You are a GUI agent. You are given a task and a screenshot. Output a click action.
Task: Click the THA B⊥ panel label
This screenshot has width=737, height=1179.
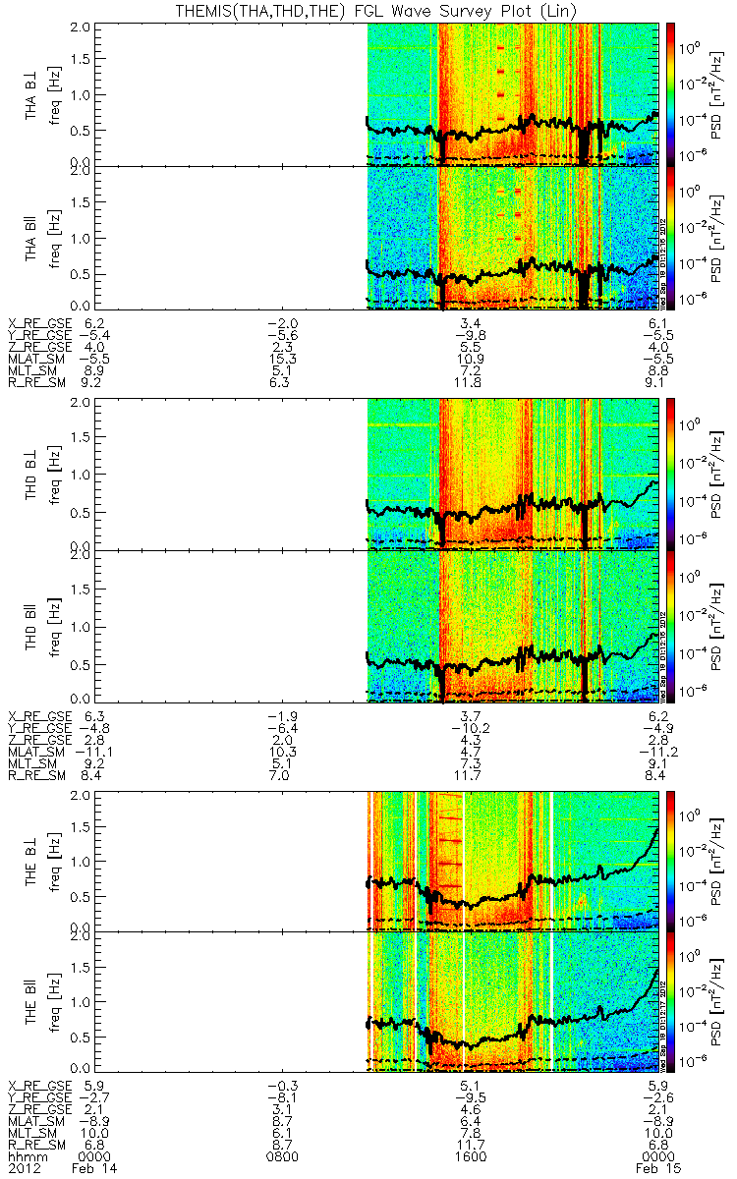click(x=32, y=93)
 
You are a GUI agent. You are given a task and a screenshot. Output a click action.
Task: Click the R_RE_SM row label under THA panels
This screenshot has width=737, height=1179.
click(x=37, y=373)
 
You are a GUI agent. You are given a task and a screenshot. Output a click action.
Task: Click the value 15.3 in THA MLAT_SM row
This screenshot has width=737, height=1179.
click(x=282, y=348)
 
